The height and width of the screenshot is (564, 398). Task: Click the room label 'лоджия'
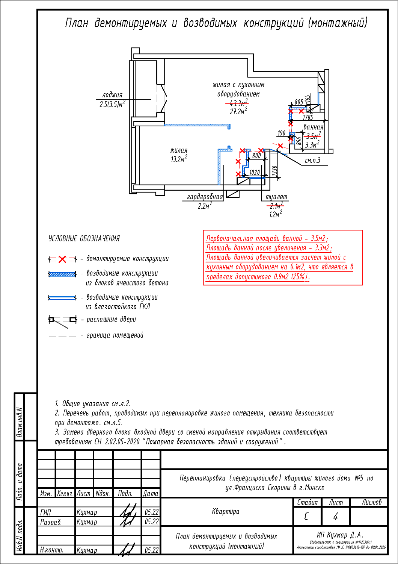(x=112, y=95)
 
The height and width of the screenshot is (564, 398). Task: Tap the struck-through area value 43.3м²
(x=237, y=103)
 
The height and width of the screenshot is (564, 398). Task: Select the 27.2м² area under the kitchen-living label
(x=238, y=111)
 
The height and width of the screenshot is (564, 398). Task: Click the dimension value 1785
(x=308, y=117)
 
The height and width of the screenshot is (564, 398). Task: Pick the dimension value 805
(x=298, y=102)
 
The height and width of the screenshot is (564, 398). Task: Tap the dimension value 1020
(x=254, y=172)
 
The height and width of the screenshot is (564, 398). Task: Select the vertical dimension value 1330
(x=274, y=171)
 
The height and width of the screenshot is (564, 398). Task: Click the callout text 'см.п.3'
(x=312, y=161)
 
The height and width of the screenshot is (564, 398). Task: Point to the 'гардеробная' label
(x=205, y=197)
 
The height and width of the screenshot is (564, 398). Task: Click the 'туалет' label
(x=276, y=197)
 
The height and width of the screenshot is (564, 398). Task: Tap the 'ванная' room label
(x=313, y=127)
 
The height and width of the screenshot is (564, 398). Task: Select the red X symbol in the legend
(x=62, y=259)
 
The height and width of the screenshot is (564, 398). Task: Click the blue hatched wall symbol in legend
(x=62, y=274)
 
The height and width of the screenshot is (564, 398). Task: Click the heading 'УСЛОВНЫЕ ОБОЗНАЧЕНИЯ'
(x=84, y=239)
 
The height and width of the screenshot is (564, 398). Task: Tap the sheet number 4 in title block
(x=335, y=517)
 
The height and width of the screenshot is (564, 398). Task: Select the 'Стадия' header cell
(x=307, y=502)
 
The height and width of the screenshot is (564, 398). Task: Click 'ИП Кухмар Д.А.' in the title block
(x=340, y=535)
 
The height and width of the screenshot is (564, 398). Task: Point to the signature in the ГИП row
(x=127, y=512)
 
